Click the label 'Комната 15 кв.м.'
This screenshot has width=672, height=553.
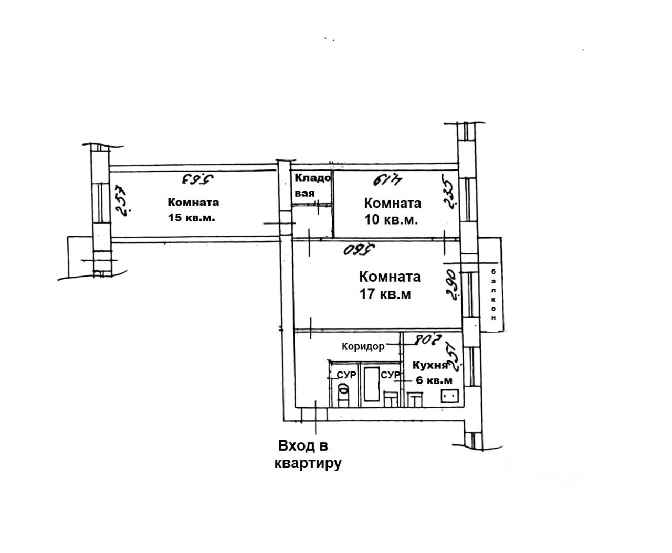point(193,210)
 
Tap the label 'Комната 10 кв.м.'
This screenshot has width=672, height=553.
point(392,211)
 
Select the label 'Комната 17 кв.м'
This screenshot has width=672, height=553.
point(389,285)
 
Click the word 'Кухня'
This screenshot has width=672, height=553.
point(430,365)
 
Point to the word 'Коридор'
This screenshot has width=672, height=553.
point(363,346)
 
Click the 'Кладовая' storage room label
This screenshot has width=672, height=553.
point(312,185)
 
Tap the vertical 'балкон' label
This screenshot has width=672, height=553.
point(493,294)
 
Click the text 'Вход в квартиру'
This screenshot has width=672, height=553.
point(308,455)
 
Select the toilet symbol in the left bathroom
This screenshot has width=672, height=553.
point(342,391)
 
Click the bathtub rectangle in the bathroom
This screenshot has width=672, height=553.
point(372,385)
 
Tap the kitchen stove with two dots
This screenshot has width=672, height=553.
point(450,396)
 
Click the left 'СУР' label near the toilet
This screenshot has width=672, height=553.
point(346,375)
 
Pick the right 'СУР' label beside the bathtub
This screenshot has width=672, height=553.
point(390,375)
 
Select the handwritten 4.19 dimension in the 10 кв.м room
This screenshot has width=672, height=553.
point(387,180)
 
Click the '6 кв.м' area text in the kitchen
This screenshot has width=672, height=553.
point(434,380)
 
